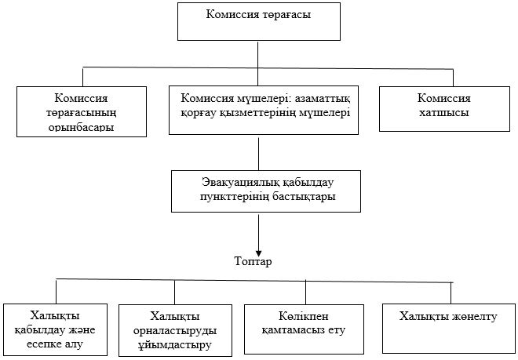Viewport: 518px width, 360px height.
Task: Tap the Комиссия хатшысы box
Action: [444, 107]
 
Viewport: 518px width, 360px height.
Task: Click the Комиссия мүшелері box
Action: [259, 111]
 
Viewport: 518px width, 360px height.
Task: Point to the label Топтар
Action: [253, 261]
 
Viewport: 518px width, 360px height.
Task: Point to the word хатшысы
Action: [444, 113]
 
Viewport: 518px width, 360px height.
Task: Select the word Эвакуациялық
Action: [222, 183]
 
